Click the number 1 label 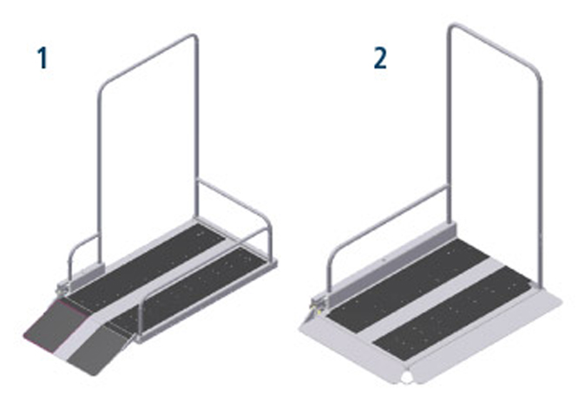(43, 58)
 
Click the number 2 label (380, 59)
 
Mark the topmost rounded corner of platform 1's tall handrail (194, 36)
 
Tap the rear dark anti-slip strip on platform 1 (148, 266)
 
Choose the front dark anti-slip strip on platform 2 (452, 312)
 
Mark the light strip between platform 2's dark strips (429, 299)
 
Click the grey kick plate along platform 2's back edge (391, 261)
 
